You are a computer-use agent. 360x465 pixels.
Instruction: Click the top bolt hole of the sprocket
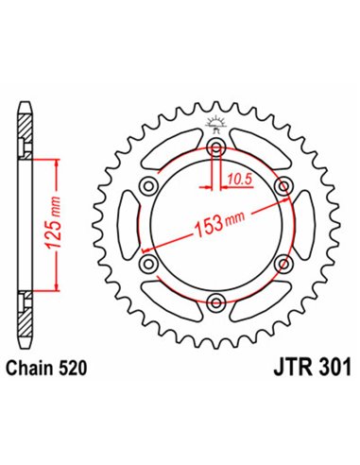[216, 150]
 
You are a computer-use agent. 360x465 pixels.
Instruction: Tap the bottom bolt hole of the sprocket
[216, 302]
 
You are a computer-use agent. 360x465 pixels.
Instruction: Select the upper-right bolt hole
[283, 188]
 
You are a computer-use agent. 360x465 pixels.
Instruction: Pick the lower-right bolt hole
[283, 265]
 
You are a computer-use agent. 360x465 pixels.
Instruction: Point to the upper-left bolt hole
[150, 188]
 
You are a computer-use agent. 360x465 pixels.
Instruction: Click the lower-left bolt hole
[150, 265]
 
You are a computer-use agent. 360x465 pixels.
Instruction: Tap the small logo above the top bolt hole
[216, 121]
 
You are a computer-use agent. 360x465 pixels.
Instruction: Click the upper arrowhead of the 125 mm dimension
[58, 163]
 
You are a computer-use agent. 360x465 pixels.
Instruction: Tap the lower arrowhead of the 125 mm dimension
[58, 292]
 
